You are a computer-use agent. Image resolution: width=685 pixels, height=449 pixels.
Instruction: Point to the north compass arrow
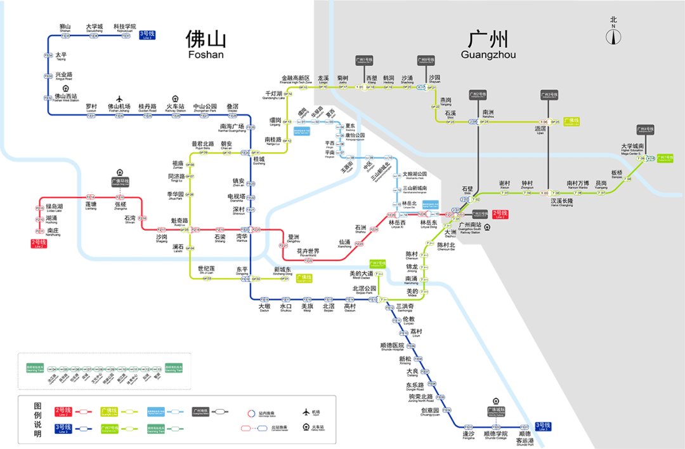(x=613, y=36)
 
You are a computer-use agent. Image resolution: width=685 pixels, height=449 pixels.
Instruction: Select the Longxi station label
(x=323, y=79)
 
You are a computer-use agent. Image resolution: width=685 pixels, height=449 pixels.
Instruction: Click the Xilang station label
(x=372, y=79)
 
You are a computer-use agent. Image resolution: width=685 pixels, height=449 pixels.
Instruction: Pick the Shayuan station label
(x=434, y=79)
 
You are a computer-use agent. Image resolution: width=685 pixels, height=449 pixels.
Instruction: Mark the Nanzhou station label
(x=488, y=114)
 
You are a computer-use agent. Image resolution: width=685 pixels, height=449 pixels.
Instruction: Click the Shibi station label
(x=467, y=190)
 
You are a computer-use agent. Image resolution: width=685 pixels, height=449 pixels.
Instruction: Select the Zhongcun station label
(x=527, y=184)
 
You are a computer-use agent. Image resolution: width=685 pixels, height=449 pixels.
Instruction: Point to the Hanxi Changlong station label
(x=561, y=202)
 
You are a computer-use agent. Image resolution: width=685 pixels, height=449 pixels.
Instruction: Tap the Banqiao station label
(x=617, y=173)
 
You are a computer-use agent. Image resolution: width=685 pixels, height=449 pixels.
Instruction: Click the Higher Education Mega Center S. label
(x=632, y=149)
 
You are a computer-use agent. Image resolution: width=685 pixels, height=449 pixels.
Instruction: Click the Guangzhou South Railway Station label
(x=471, y=228)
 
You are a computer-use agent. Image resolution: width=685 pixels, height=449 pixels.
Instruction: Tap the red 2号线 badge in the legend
(x=63, y=411)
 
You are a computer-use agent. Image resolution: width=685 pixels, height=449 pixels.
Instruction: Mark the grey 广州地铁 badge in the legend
(x=202, y=411)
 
